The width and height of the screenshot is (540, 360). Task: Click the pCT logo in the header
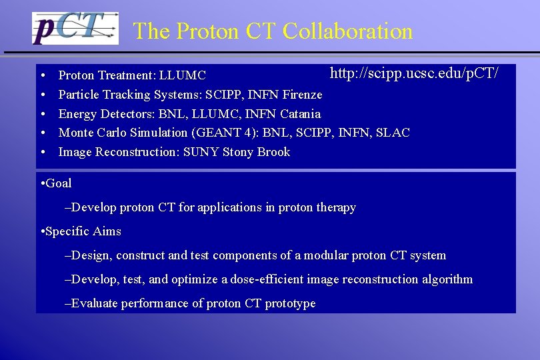tap(75, 29)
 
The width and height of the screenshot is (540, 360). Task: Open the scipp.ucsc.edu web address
tap(414, 73)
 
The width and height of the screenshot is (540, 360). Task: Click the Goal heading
tap(59, 183)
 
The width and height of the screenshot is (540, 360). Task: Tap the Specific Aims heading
tap(83, 231)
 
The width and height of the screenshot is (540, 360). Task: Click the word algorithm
tap(447, 279)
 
